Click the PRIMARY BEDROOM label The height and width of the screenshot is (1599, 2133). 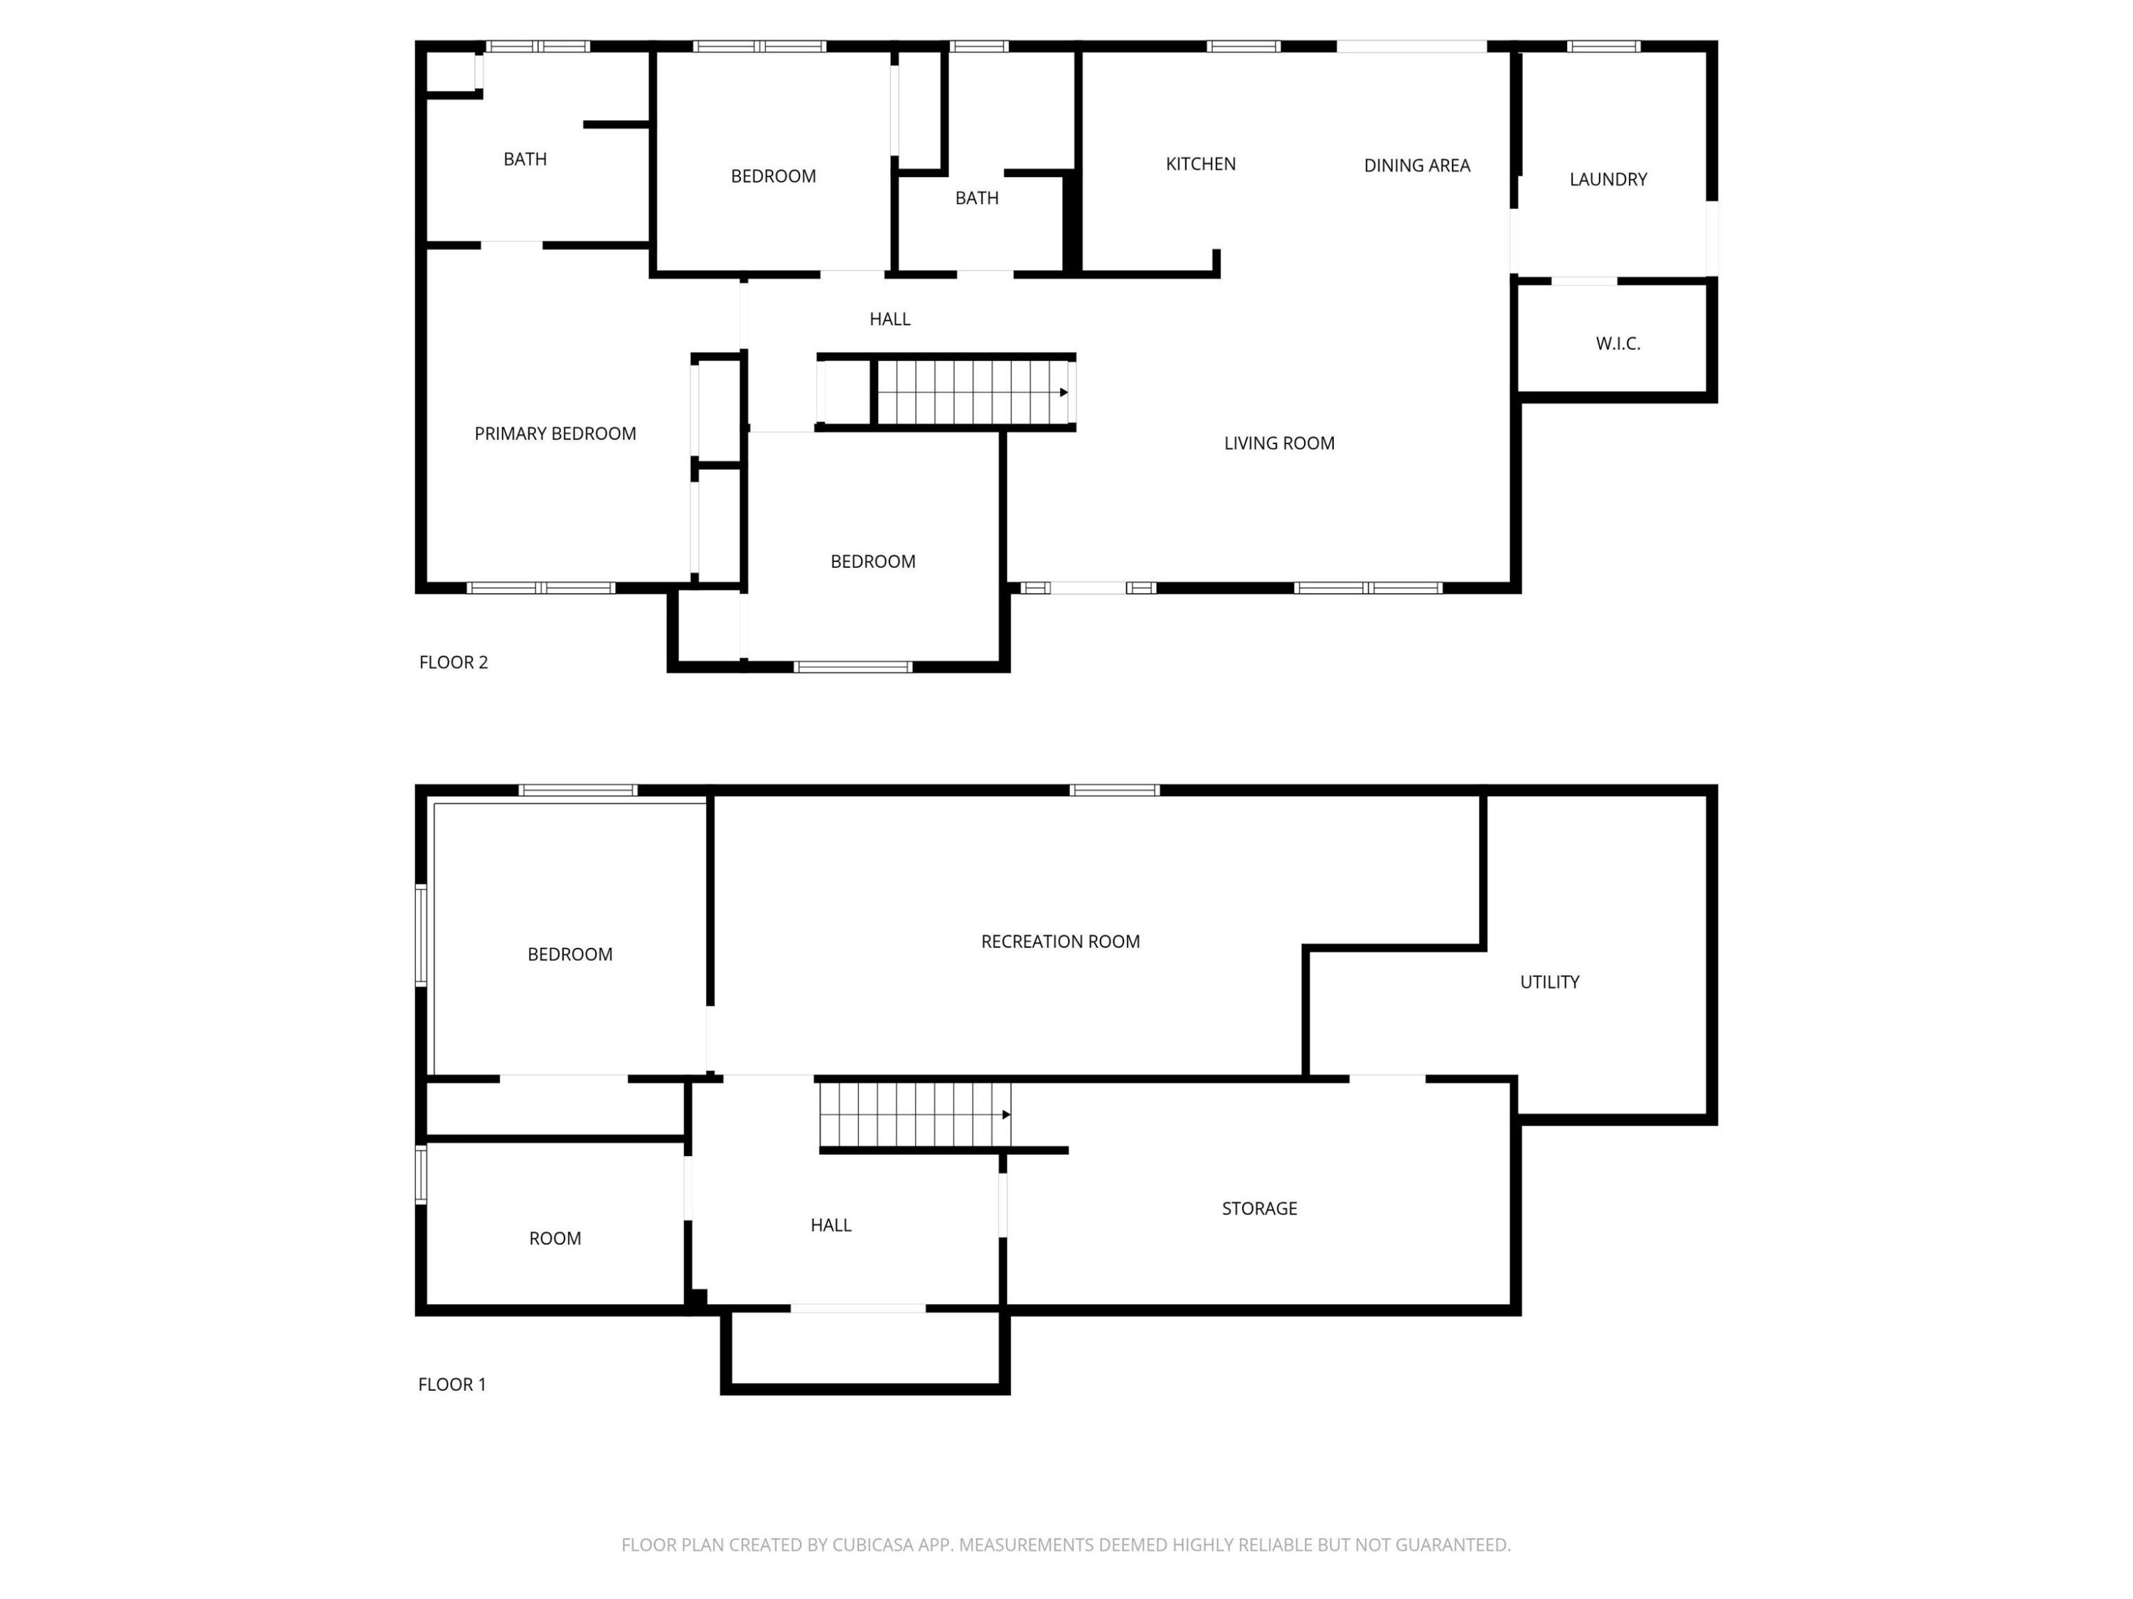coord(555,434)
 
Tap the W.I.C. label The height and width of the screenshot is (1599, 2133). coord(1617,343)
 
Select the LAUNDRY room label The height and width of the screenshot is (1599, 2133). coord(1608,179)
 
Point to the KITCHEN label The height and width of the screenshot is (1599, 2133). coord(1201,164)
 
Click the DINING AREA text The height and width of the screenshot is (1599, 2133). coord(1416,166)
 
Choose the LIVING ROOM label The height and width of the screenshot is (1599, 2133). coord(1278,443)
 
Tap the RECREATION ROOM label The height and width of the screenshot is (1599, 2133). coord(1060,942)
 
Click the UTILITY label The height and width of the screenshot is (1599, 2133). coord(1549,982)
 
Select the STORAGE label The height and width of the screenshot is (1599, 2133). coord(1259,1209)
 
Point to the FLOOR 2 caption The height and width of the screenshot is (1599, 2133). coord(453,662)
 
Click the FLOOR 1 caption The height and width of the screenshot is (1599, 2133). coord(451,1384)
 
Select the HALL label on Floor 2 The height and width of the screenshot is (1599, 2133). coord(889,319)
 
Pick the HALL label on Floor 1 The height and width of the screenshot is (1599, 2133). coord(830,1225)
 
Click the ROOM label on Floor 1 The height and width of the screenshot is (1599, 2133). coord(555,1239)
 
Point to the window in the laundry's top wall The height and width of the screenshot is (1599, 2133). coord(1603,46)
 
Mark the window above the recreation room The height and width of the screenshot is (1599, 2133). coord(1115,790)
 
